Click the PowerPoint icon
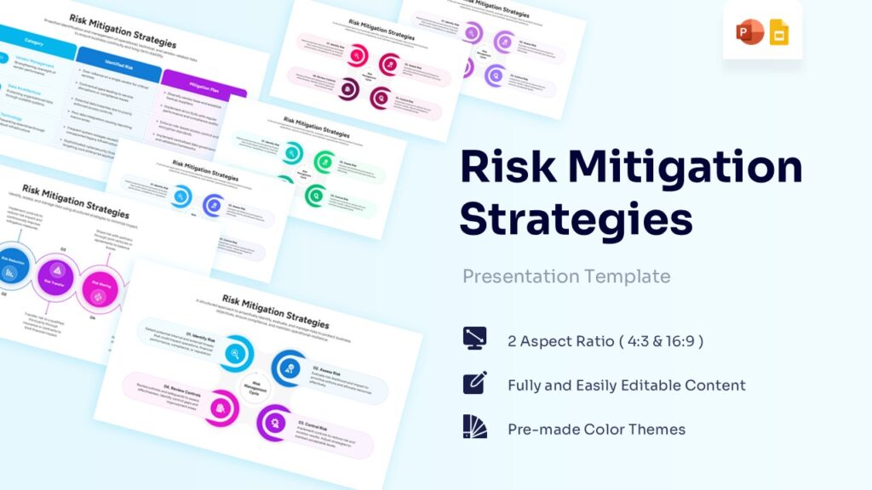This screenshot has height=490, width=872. tap(749, 34)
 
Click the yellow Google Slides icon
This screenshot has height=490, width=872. tap(778, 34)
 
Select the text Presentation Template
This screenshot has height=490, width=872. tap(565, 276)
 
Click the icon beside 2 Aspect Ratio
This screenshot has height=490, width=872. tap(474, 338)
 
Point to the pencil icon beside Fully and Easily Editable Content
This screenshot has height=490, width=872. tap(474, 383)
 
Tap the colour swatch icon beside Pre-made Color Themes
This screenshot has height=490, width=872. tap(474, 427)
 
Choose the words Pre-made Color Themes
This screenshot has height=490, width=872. tap(596, 429)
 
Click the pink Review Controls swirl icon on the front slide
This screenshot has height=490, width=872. tap(221, 406)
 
